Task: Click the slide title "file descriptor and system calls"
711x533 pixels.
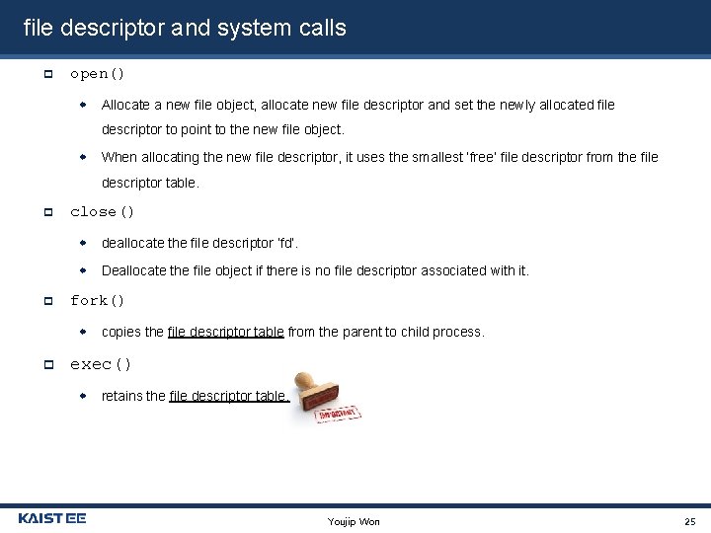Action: (185, 28)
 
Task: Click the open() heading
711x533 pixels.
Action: (97, 74)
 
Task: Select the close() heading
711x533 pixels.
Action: (102, 212)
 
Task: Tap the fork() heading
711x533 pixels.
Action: (97, 301)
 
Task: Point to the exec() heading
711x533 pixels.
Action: (101, 365)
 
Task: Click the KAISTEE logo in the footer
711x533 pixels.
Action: (52, 518)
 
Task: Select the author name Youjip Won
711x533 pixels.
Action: (354, 521)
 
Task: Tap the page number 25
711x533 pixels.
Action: (689, 521)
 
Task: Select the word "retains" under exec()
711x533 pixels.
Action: (121, 396)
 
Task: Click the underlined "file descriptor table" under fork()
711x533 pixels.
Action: (225, 333)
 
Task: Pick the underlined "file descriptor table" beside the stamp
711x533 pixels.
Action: (228, 396)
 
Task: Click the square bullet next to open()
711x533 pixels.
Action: (47, 74)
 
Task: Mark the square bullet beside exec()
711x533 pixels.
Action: (47, 365)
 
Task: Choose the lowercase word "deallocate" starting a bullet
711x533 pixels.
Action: (133, 243)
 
